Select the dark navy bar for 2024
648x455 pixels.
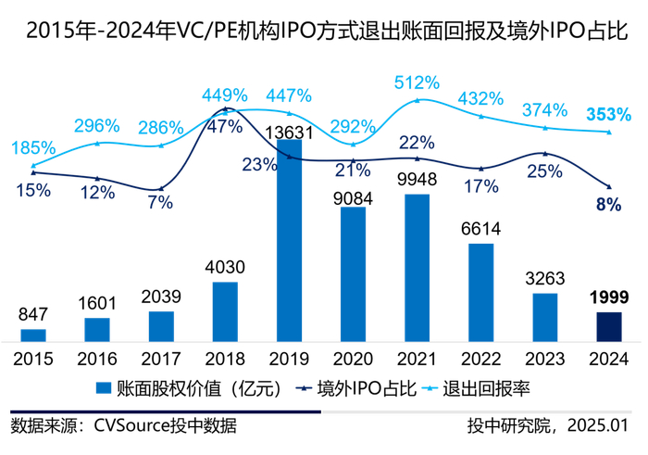pyautogui.click(x=609, y=327)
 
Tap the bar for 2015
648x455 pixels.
pyautogui.click(x=33, y=335)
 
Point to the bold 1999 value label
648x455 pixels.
pyautogui.click(x=608, y=297)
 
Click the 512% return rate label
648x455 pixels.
pyautogui.click(x=417, y=82)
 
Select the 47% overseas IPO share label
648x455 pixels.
pyautogui.click(x=225, y=127)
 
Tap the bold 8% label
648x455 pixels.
pyautogui.click(x=608, y=205)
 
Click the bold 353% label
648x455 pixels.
pyautogui.click(x=608, y=115)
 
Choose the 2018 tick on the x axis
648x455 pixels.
pyautogui.click(x=225, y=359)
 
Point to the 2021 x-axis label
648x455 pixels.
pyautogui.click(x=417, y=359)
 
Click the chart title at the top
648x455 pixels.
pyautogui.click(x=324, y=31)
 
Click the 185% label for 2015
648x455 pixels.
pyautogui.click(x=33, y=148)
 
